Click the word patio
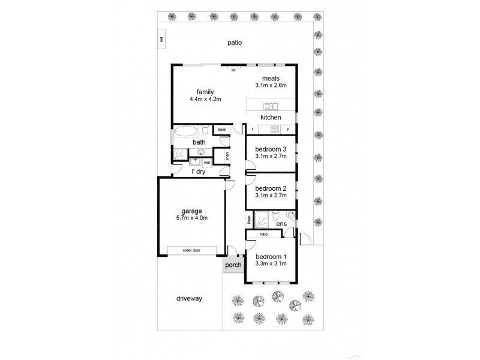(235, 43)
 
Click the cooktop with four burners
(275, 129)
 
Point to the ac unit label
(232, 70)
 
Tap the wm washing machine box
(206, 162)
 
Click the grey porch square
(233, 265)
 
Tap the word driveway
(190, 298)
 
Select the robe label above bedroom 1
(264, 234)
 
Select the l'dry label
(199, 173)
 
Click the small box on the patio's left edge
(161, 40)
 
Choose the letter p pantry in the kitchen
(288, 129)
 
